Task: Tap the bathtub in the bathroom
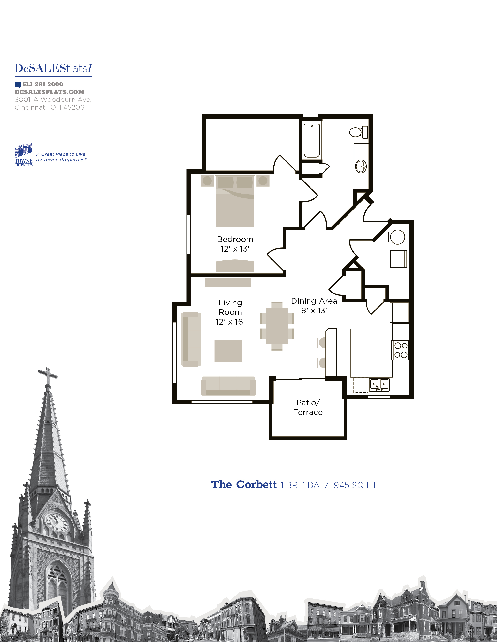(x=312, y=140)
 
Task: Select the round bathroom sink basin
(x=361, y=167)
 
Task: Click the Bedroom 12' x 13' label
(x=235, y=244)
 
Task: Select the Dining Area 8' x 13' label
(x=314, y=305)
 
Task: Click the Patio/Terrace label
(x=308, y=407)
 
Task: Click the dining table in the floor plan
(x=277, y=326)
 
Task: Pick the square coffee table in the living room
(x=228, y=351)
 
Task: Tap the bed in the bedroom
(x=235, y=201)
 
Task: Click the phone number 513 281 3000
(x=43, y=84)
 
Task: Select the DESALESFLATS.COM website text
(x=50, y=92)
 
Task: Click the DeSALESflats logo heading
(x=53, y=68)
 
